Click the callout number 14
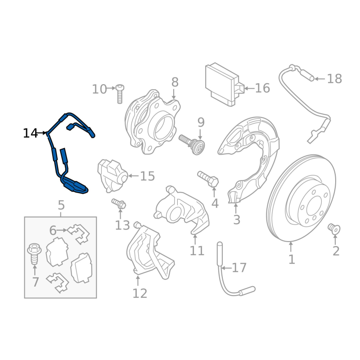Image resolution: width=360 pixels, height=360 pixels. (30, 133)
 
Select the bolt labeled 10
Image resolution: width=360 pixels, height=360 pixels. (120, 94)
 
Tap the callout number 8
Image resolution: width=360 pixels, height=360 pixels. (175, 82)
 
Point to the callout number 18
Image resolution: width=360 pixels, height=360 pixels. (334, 79)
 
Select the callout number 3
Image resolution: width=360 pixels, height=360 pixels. (237, 220)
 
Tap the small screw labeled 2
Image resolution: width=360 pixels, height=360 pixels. (333, 229)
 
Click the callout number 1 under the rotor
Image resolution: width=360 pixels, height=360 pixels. (292, 260)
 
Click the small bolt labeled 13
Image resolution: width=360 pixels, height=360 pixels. (119, 204)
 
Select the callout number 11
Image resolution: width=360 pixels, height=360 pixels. (197, 251)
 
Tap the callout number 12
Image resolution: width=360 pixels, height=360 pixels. (140, 293)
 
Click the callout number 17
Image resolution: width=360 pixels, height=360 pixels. (239, 268)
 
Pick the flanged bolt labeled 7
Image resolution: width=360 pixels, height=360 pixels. (34, 254)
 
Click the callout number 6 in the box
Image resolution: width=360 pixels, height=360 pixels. (53, 230)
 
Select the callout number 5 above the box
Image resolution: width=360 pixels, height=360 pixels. (61, 205)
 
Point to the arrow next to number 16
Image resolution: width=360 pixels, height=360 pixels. (250, 88)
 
